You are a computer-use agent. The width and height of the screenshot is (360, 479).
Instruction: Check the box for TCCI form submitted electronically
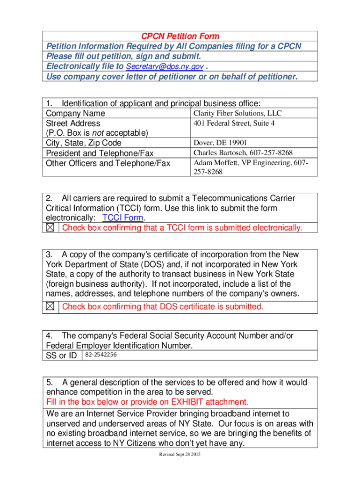click(50, 228)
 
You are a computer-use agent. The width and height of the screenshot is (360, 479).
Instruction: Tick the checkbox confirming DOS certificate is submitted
click(50, 306)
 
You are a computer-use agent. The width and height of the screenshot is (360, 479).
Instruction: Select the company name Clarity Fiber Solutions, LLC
click(238, 113)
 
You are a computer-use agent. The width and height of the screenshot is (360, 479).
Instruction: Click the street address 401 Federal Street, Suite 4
click(234, 123)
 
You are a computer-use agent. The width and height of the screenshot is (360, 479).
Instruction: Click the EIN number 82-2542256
click(101, 355)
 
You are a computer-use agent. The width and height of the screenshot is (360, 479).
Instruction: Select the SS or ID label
click(61, 356)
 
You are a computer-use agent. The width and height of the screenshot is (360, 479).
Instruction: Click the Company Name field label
click(75, 114)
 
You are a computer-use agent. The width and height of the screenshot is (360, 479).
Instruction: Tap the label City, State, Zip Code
click(83, 143)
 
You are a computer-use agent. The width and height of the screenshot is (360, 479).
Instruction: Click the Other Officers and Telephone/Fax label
click(108, 163)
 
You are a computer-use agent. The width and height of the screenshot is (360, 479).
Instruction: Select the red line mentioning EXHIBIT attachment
click(147, 402)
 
